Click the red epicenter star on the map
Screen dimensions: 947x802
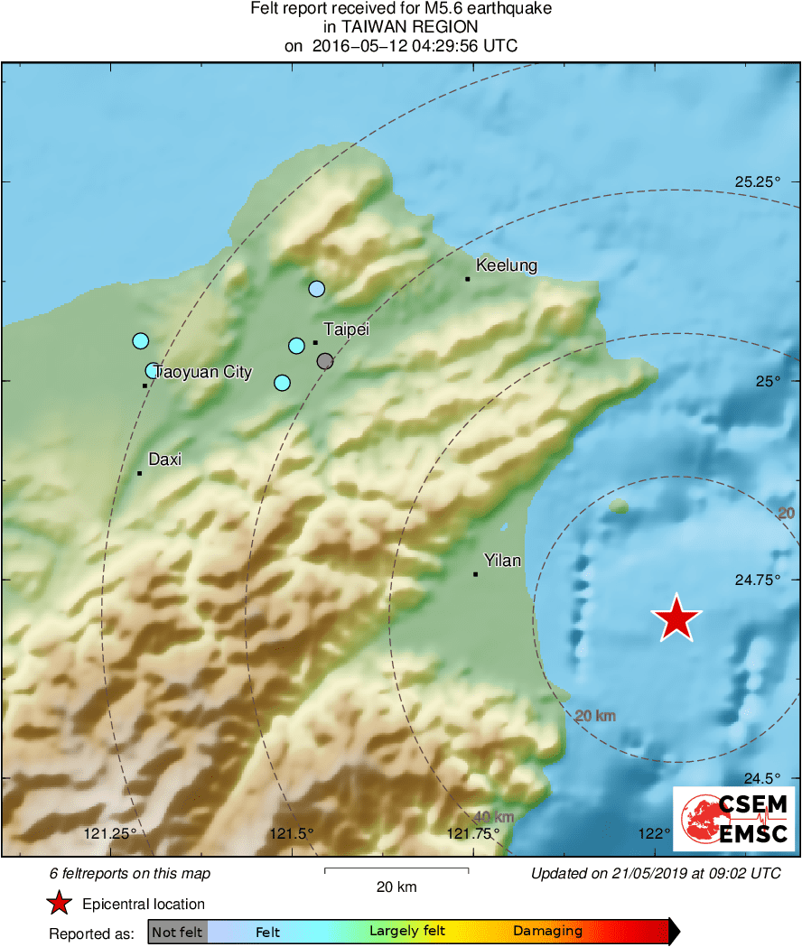pos(676,619)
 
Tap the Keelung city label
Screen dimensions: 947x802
pos(506,265)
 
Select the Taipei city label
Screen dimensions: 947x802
pos(347,330)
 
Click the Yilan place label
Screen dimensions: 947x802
pos(502,561)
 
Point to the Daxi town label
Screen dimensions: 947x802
pos(164,460)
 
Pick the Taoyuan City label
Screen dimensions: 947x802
pos(203,372)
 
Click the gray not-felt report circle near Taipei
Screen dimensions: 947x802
pos(325,361)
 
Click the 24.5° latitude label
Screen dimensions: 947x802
pos(761,778)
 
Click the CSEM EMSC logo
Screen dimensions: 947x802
pos(733,819)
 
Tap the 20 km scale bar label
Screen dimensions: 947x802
pos(396,887)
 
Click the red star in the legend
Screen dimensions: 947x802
pos(60,904)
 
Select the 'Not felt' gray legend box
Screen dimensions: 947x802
pos(177,932)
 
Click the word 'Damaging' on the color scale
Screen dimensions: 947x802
pos(548,932)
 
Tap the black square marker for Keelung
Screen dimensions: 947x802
pos(467,279)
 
